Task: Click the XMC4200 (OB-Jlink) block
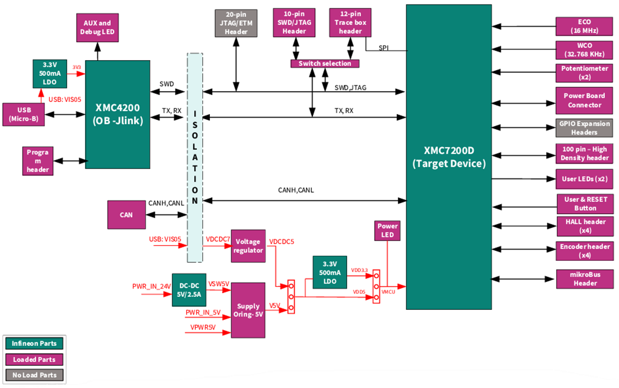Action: (118, 114)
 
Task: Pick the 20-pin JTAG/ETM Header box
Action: (236, 23)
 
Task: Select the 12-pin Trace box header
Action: (351, 23)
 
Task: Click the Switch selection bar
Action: (325, 64)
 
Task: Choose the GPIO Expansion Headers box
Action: (584, 129)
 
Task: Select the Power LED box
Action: (387, 231)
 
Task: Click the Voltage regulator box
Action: (248, 246)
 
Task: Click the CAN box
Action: (126, 214)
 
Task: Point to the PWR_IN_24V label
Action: (151, 286)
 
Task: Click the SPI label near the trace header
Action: (383, 48)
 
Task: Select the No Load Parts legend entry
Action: (34, 375)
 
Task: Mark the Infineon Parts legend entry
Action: (34, 343)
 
